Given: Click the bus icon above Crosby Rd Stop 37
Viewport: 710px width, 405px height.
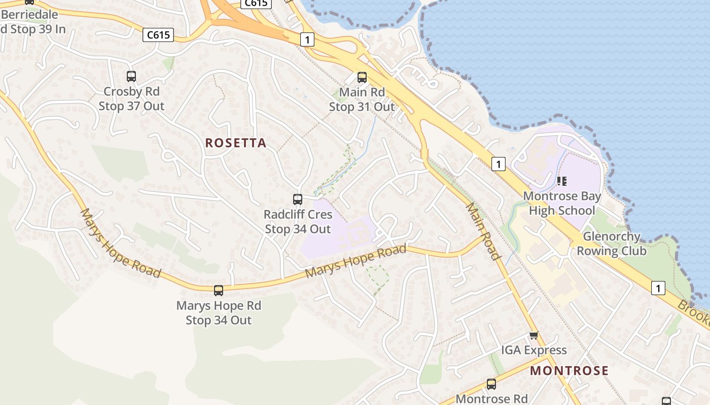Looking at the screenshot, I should [131, 76].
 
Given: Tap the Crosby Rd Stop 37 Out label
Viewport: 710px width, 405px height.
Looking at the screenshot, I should [131, 99].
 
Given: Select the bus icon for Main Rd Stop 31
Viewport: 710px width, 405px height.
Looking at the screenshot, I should [362, 77].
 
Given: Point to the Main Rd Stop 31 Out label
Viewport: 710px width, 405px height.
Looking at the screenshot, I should [362, 100].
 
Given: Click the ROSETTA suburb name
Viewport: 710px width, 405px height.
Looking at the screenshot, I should [236, 143].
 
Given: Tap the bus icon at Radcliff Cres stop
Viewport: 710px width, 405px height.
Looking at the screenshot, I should [298, 199].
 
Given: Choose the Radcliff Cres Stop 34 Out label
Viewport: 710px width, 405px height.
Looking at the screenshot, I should [298, 222].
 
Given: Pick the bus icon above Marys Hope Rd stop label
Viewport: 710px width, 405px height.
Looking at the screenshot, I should [219, 291].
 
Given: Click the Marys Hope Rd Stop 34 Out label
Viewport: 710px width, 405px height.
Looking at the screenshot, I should [219, 313].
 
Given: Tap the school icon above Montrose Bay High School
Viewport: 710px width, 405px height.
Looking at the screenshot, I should [561, 181].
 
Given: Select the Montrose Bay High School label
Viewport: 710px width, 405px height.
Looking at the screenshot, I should [562, 203].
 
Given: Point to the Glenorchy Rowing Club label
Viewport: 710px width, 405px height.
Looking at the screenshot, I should [612, 244].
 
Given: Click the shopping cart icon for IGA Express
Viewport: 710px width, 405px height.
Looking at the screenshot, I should [534, 335].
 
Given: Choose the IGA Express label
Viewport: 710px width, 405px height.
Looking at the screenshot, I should [534, 350].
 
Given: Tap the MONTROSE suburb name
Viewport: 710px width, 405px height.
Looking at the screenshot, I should [569, 371].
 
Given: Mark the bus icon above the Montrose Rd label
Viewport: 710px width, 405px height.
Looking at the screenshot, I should [491, 384].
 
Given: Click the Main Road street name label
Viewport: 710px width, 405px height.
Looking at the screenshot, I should [483, 231].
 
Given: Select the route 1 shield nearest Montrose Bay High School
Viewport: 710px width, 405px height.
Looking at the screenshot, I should [499, 164].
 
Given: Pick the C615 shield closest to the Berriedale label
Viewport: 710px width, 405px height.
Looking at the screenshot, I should [158, 35].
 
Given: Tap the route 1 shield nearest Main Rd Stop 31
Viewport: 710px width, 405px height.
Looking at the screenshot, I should [307, 39].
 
